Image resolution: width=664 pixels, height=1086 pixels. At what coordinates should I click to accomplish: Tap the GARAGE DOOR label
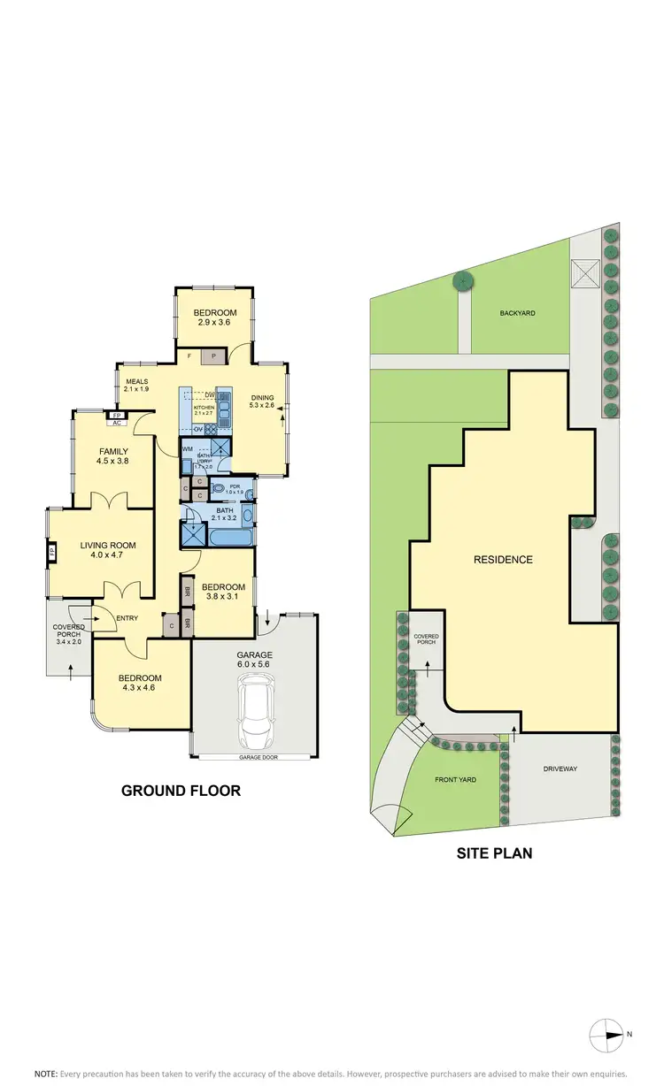(256, 758)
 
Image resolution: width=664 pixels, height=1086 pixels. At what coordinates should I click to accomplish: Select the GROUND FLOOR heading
(181, 791)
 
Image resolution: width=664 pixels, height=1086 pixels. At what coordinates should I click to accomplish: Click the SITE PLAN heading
(494, 853)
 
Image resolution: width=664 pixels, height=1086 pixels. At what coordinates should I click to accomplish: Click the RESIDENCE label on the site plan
(503, 559)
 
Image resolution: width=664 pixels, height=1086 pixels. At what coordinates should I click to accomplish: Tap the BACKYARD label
(518, 313)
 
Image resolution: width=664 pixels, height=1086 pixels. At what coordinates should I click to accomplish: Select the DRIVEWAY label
(559, 769)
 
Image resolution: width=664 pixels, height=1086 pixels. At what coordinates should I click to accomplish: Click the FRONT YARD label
(456, 780)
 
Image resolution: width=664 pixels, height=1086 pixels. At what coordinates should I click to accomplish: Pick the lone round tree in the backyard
(463, 281)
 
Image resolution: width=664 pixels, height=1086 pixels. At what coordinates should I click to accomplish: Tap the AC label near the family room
(116, 423)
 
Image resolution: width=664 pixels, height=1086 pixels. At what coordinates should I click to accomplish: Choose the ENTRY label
(127, 618)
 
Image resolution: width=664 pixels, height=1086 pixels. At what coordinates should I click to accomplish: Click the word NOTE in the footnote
(46, 1073)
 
